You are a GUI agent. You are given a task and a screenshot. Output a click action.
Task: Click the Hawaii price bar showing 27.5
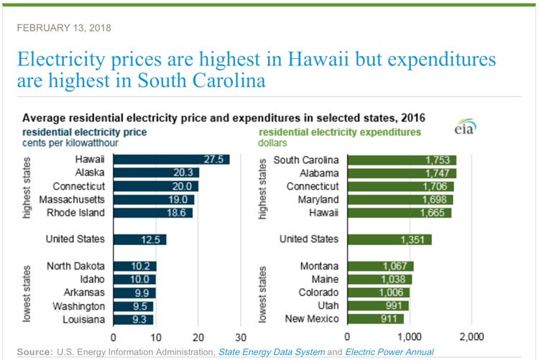171,160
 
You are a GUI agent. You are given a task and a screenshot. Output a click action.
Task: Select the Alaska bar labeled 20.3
156,172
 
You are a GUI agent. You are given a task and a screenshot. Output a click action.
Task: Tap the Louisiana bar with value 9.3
133,318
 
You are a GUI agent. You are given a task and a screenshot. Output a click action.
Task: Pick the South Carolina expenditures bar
401,160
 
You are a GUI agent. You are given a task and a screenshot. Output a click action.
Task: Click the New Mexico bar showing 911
375,318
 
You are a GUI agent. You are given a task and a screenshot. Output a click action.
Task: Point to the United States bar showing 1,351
389,239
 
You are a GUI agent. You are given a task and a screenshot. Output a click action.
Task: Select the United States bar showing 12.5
139,239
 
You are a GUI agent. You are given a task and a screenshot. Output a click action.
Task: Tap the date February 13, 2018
63,28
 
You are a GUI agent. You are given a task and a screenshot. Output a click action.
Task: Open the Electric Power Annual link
390,352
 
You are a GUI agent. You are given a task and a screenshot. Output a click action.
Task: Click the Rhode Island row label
76,213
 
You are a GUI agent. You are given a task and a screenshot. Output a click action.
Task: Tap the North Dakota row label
75,266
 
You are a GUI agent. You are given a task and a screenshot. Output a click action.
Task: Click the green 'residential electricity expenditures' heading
340,132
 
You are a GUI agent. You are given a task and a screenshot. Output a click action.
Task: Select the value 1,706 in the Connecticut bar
439,186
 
